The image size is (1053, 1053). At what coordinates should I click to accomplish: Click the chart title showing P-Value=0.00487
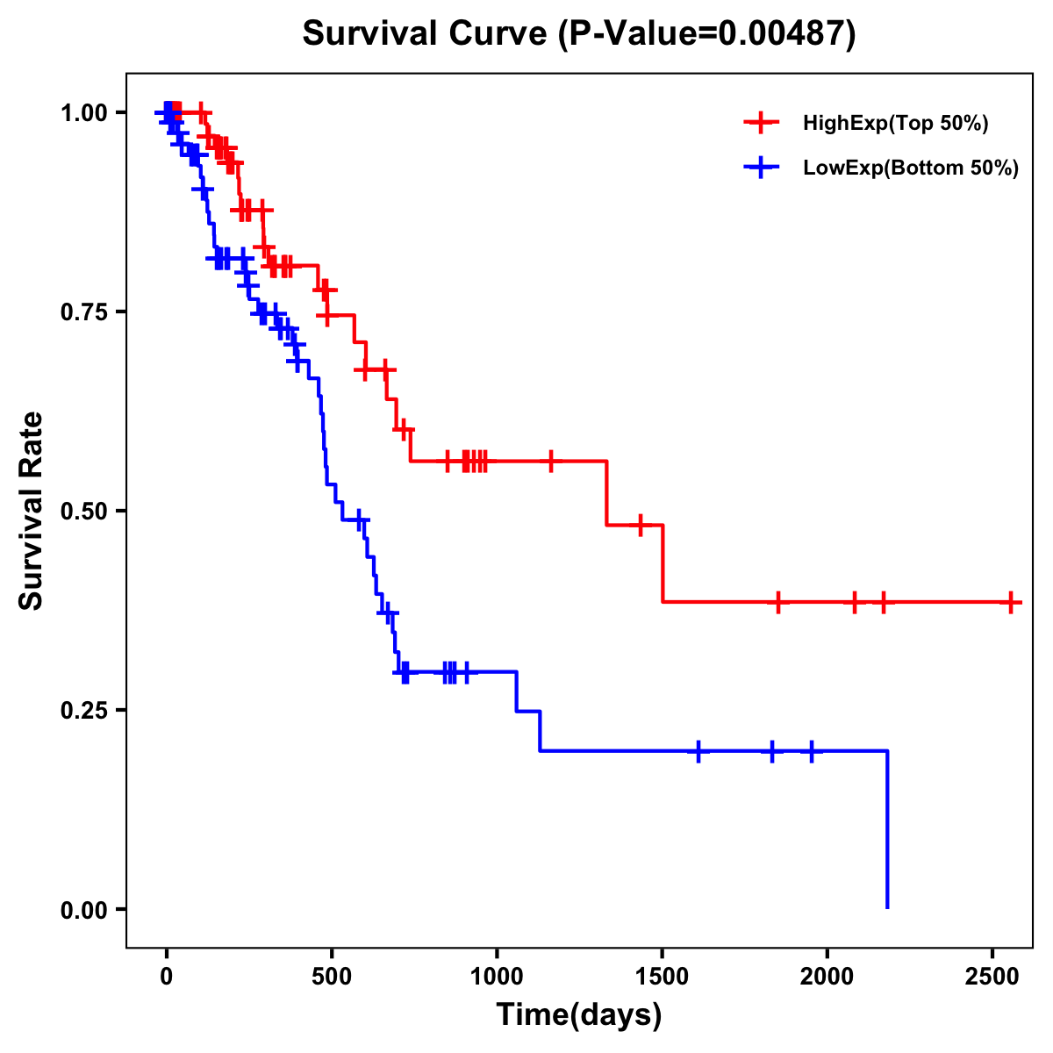(578, 34)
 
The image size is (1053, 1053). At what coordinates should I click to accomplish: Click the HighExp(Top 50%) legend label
(895, 124)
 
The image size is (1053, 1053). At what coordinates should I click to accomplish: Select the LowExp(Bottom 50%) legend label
(910, 168)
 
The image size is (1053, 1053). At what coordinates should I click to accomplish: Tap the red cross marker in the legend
(761, 124)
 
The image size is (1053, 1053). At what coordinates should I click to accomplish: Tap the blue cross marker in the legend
(761, 168)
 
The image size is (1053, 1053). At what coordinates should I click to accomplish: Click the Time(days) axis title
(578, 1015)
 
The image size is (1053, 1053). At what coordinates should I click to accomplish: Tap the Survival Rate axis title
(32, 510)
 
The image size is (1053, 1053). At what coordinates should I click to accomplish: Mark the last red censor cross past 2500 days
(1012, 602)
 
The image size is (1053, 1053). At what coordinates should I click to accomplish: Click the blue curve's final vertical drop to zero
(887, 829)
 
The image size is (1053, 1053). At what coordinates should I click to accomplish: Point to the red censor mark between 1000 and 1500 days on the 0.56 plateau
(551, 461)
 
